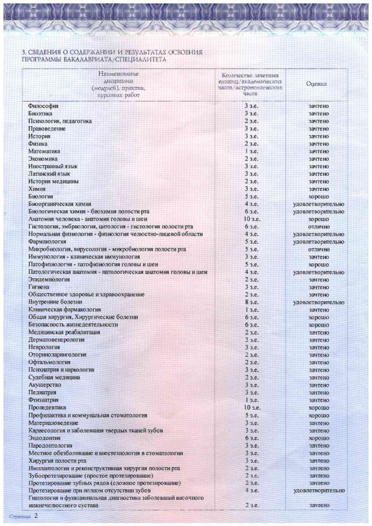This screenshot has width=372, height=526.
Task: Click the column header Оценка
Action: (316, 84)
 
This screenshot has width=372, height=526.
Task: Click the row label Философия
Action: (43, 106)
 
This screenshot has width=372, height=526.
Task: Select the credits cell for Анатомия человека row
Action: (252, 219)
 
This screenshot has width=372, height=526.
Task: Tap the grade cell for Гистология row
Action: (319, 227)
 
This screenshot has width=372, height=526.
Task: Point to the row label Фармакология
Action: (47, 242)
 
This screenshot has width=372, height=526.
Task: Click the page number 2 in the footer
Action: (36, 516)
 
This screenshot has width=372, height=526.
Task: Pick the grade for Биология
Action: (319, 197)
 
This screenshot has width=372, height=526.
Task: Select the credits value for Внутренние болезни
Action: (251, 302)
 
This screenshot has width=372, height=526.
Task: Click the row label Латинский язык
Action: (49, 174)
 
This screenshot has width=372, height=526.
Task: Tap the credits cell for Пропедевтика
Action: (252, 408)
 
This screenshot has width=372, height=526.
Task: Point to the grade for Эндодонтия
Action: (319, 438)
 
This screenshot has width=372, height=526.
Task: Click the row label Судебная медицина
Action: (54, 377)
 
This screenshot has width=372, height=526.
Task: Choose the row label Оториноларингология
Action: (57, 355)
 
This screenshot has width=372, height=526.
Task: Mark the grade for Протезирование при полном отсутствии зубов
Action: (319, 491)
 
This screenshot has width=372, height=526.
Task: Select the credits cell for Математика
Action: (251, 151)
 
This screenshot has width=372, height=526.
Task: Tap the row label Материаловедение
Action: (53, 423)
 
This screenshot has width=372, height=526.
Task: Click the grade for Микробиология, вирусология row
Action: (319, 250)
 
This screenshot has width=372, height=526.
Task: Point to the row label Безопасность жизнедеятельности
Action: (73, 325)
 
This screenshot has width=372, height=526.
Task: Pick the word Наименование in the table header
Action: (118, 74)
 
